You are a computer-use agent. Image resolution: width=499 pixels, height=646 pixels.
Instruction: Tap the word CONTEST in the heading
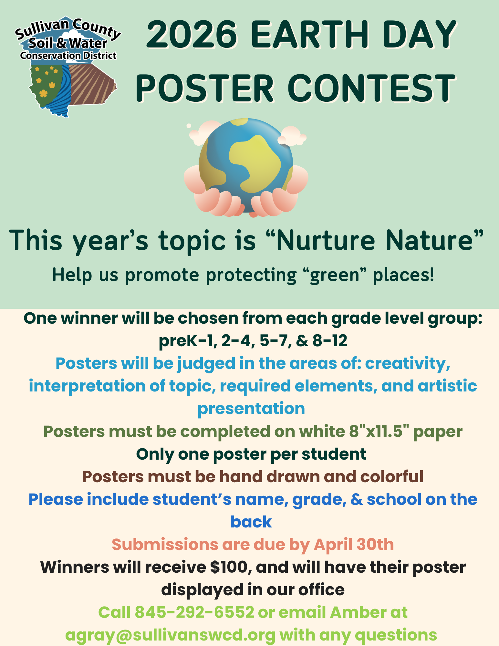[371, 88]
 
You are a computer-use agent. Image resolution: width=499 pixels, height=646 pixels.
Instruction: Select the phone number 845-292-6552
[194, 612]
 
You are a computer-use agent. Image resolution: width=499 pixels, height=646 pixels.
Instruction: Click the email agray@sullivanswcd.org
[171, 635]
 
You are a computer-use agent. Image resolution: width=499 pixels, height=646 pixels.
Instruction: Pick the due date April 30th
[354, 545]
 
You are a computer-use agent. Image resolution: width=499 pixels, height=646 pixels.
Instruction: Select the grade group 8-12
[330, 341]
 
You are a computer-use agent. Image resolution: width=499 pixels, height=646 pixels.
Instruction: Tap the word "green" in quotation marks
[335, 276]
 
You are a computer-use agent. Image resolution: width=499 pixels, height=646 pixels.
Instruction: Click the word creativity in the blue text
[408, 363]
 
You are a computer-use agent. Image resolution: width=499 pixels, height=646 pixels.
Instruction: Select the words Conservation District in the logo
[68, 56]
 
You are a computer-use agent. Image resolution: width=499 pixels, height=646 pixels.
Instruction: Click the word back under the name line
[251, 522]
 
